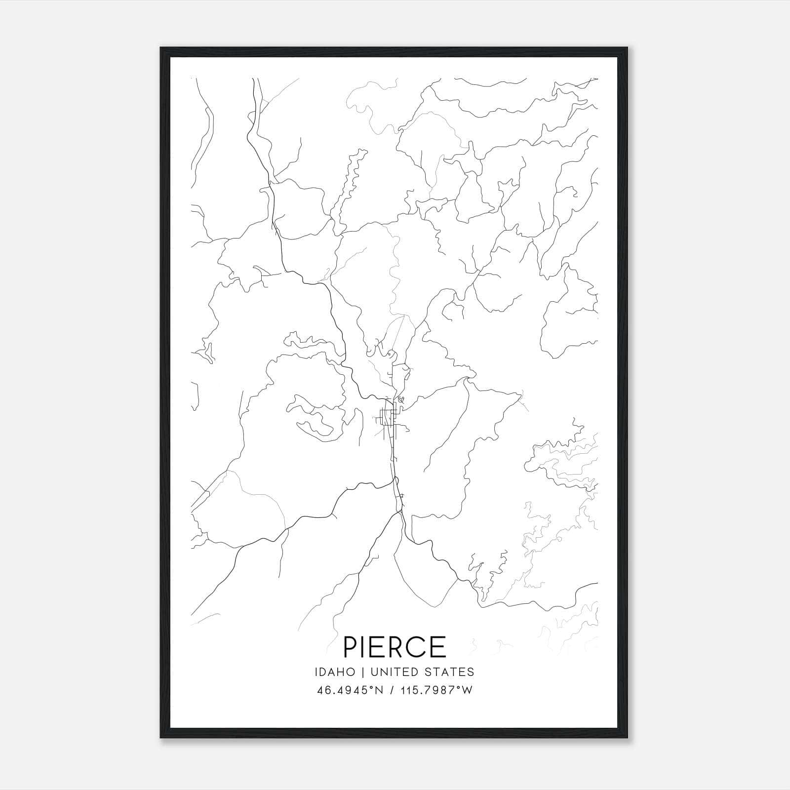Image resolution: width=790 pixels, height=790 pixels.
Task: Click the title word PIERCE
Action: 395,647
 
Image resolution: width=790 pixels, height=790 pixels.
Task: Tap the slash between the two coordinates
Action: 392,690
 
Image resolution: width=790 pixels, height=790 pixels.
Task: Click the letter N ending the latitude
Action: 378,690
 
